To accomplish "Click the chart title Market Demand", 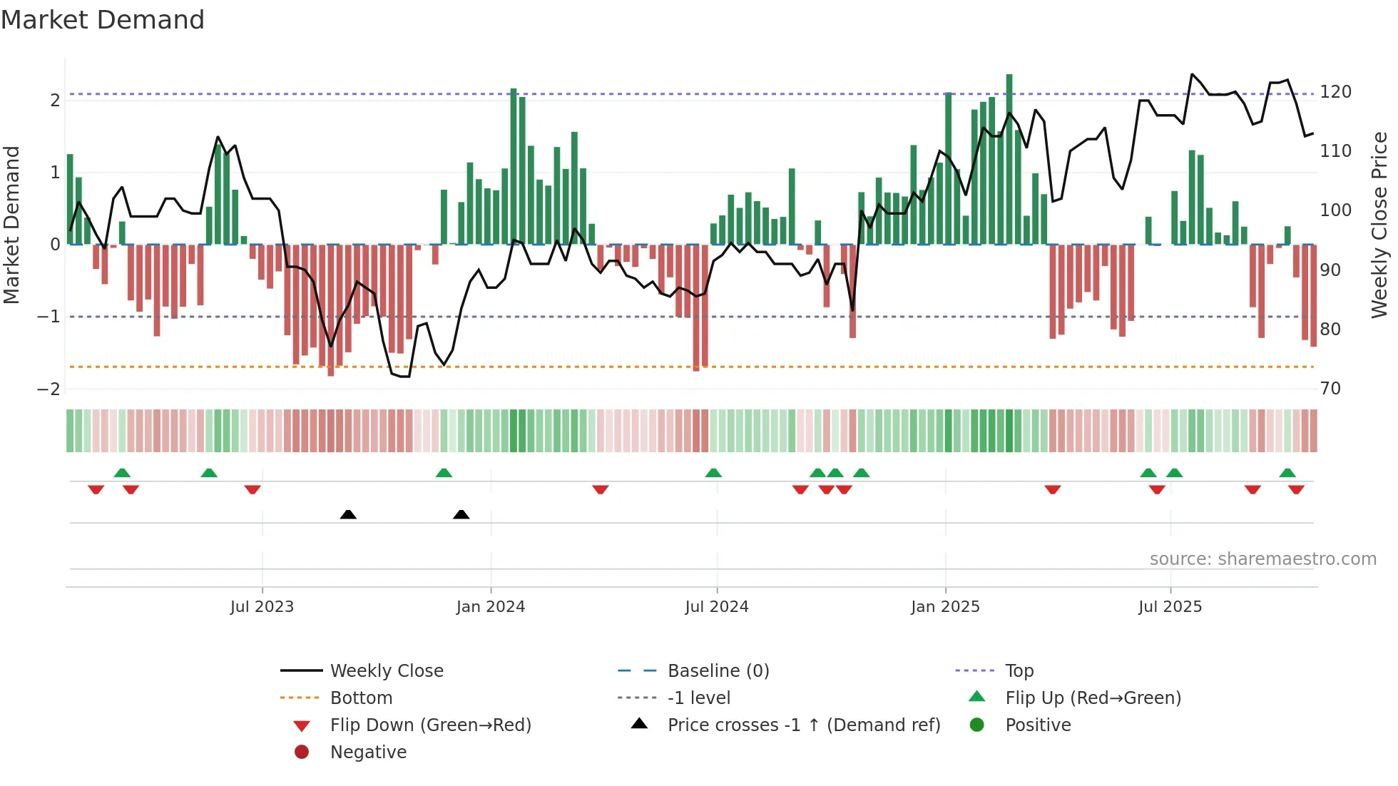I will (x=103, y=20).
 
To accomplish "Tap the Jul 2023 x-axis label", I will (x=262, y=607).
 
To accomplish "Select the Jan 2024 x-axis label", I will (x=491, y=607).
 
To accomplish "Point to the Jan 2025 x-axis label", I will (x=945, y=607).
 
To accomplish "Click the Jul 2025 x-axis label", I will (x=1170, y=607).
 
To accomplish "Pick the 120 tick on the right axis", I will (x=1335, y=92).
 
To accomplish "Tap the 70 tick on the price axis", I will (x=1330, y=389).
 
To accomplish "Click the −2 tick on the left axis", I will (x=49, y=389).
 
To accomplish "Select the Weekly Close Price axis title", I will (x=1379, y=224).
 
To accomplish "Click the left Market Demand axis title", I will (x=12, y=224).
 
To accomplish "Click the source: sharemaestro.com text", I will (x=1262, y=559).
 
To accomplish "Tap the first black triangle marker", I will (x=348, y=514).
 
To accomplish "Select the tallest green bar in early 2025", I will (x=1009, y=158).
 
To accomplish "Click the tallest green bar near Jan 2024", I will (x=514, y=165).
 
